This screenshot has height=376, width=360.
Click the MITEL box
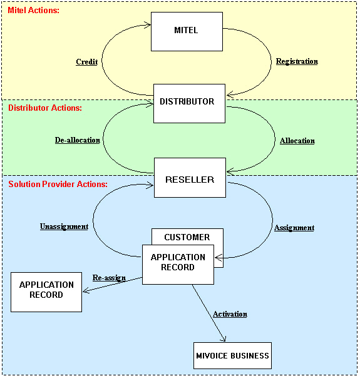(x=187, y=31)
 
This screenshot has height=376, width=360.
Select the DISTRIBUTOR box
(x=189, y=103)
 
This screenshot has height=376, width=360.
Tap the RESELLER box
(x=190, y=178)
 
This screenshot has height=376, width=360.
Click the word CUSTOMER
(x=187, y=237)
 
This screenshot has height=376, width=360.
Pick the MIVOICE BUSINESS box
(x=232, y=355)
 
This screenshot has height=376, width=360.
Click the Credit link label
(x=86, y=62)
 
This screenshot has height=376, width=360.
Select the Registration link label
(x=297, y=61)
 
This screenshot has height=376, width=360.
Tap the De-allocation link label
(x=77, y=140)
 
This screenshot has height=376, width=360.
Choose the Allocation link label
(x=297, y=141)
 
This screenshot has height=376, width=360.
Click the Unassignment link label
(x=64, y=226)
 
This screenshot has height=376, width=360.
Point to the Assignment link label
(x=294, y=228)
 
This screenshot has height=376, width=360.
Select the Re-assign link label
(x=109, y=278)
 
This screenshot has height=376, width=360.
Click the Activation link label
(x=230, y=314)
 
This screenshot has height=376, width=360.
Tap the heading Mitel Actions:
(x=33, y=10)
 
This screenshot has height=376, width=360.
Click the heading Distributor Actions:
(x=45, y=108)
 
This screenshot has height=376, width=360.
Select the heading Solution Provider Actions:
(x=58, y=184)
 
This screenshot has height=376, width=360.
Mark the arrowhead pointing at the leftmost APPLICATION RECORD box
(x=86, y=291)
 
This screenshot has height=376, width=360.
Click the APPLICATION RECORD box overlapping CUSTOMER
(x=178, y=265)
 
